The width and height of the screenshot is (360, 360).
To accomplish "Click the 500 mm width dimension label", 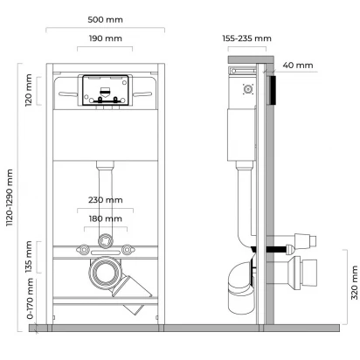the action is [105, 20].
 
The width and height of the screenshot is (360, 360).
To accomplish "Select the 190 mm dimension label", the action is [105, 38].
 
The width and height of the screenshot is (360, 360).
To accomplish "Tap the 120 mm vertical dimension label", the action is [29, 90].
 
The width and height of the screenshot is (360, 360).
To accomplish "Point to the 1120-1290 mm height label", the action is [10, 197].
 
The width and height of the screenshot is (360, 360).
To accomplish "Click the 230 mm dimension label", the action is [106, 200].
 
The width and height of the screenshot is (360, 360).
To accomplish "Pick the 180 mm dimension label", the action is [106, 218].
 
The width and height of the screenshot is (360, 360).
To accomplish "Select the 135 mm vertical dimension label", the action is [29, 257].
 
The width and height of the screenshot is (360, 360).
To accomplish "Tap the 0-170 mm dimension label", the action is [30, 299].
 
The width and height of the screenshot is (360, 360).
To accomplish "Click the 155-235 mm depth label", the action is [246, 38].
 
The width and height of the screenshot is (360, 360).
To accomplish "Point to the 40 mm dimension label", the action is [298, 66].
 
